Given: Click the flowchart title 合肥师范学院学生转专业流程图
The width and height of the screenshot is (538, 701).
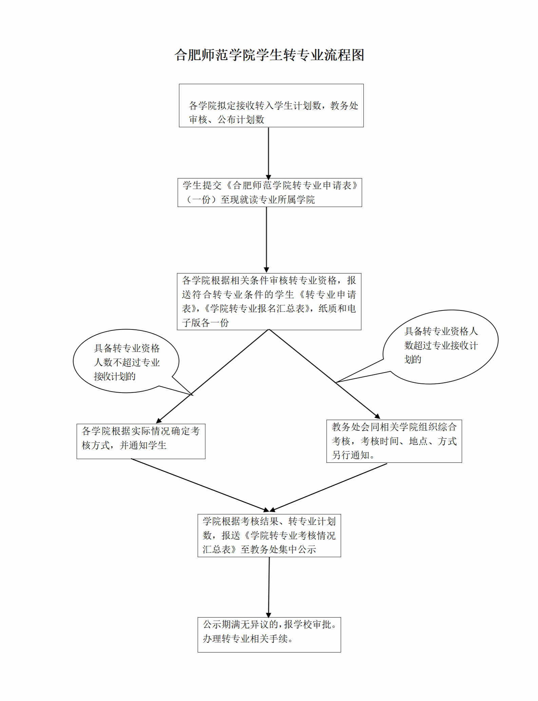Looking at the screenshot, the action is coord(269,55).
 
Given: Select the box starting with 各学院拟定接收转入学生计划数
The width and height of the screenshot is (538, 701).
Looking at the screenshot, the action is coord(271,106).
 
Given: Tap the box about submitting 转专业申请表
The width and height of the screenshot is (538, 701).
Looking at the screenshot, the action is coord(270,192).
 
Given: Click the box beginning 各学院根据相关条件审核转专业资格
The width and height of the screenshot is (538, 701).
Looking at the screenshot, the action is coord(269,301).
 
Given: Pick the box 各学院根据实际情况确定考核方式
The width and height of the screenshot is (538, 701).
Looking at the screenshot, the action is coord(141,441).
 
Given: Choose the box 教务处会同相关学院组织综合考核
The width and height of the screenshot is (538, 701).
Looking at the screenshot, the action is coord(394,441).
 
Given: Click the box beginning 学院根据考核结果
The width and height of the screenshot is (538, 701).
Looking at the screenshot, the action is coord(269,535).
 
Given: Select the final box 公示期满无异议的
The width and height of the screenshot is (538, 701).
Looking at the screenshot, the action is coord(269,634).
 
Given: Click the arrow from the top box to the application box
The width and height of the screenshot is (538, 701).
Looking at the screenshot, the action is coord(268,153).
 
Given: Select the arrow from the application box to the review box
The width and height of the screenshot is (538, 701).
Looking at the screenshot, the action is coord(266,240).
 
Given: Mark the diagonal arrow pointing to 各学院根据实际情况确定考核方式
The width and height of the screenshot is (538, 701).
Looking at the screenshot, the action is coord(212,376).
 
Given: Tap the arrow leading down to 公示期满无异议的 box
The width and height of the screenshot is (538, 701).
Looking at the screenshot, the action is coord(269,587).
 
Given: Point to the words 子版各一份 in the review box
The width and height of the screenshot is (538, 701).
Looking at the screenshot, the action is coord(205,323).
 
